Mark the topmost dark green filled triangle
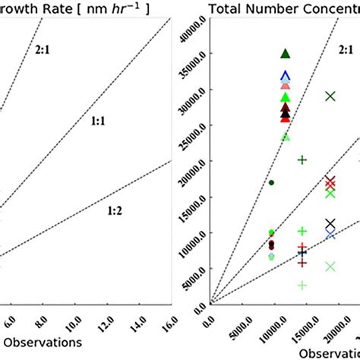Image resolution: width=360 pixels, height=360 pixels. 286,53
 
